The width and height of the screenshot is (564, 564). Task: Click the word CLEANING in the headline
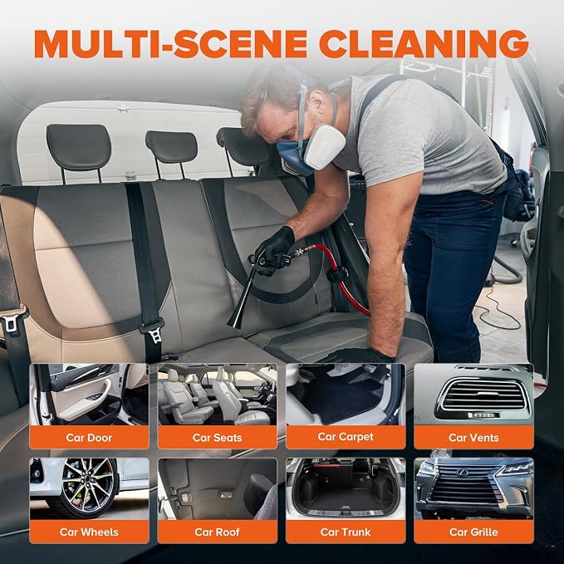[x=424, y=43]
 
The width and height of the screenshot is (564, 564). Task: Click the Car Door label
[x=89, y=438]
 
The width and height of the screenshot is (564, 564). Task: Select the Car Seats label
[x=217, y=438]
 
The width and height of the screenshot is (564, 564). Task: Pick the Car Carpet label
[x=346, y=437]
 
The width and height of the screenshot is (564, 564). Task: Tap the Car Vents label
[x=473, y=438]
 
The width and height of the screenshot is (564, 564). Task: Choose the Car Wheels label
[x=89, y=532]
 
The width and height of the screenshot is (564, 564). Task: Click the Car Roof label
[x=217, y=532]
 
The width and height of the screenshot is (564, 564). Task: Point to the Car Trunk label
[x=346, y=532]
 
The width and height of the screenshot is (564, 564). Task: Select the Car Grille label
[x=473, y=532]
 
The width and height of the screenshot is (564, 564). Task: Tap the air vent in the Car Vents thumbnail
[x=483, y=396]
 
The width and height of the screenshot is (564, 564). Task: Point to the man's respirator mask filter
[x=325, y=147]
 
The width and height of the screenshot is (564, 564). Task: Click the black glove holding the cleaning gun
[x=274, y=248]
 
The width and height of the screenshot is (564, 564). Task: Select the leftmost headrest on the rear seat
[x=79, y=147]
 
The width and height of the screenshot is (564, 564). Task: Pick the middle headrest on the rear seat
[x=172, y=147]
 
